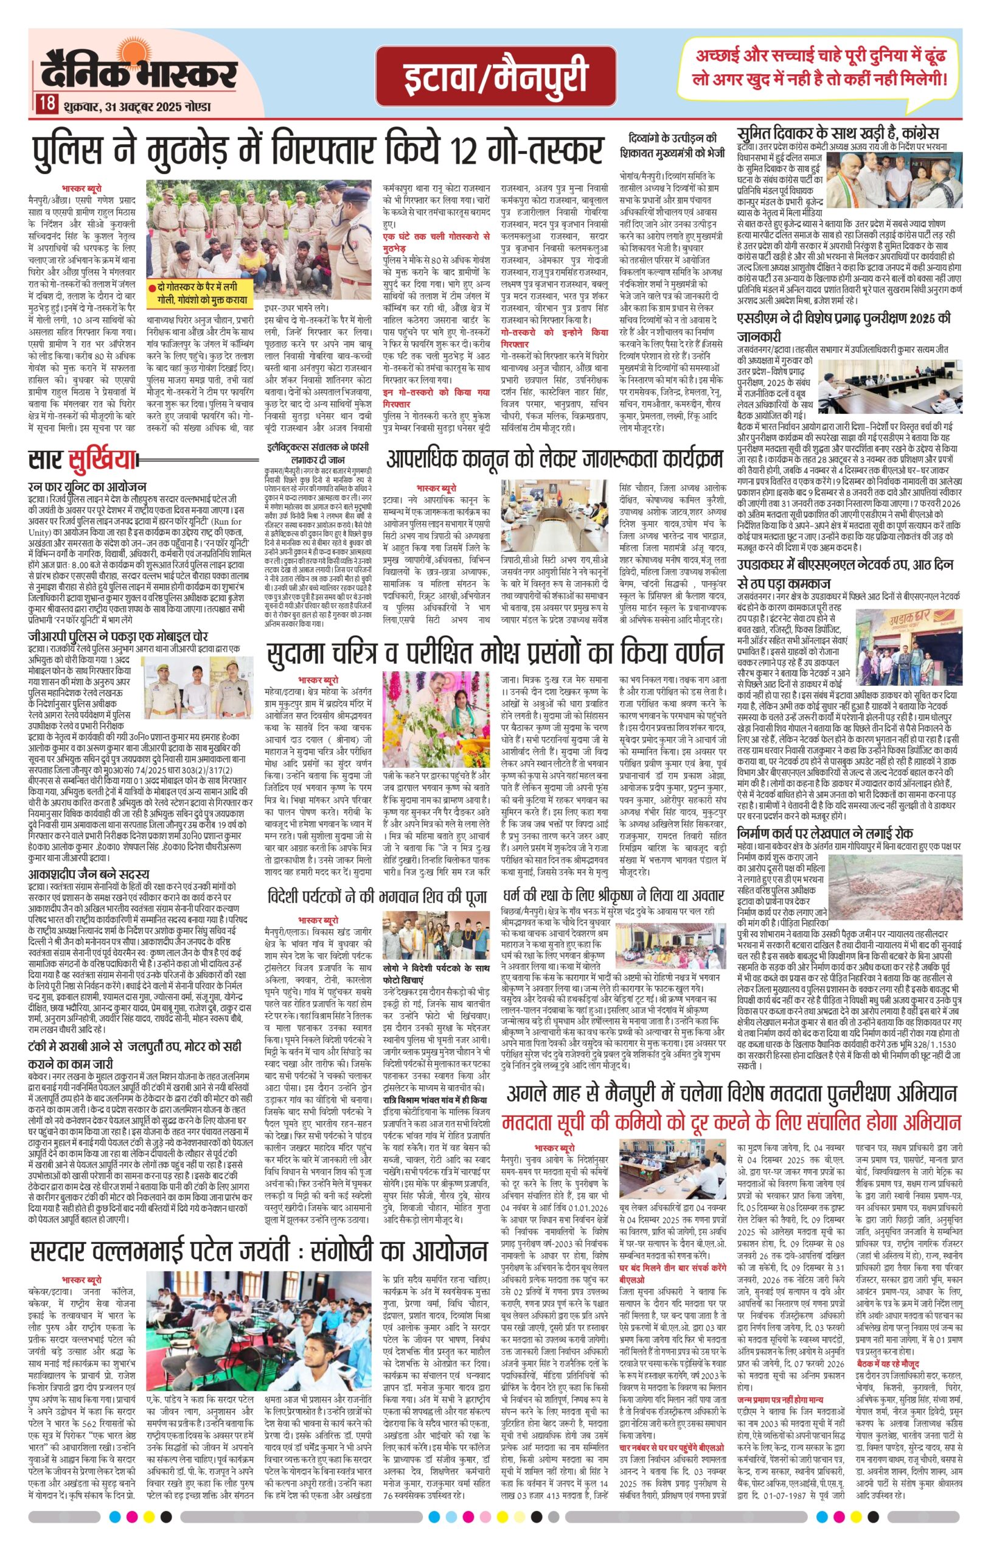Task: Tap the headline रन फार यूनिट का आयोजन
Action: click(x=88, y=486)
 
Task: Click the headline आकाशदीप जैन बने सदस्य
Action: click(x=89, y=875)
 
